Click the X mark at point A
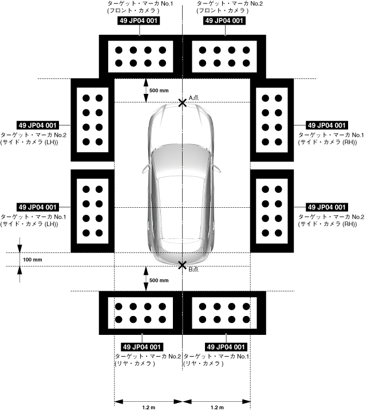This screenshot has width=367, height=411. coord(182,102)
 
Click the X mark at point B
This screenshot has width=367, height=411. coord(182,266)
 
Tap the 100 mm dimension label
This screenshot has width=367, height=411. coord(33,259)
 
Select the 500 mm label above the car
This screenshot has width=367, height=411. coord(159,90)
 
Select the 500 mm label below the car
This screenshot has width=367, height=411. coord(159,280)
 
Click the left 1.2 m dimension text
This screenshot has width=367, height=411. coord(148,407)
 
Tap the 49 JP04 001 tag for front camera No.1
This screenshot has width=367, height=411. coord(138,21)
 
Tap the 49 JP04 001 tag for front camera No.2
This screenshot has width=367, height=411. coord(226,21)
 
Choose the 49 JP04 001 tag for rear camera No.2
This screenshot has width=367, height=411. coord(142,347)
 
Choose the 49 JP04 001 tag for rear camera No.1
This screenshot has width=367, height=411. coord(226,347)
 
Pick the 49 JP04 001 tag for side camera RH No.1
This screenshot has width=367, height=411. coord(327,125)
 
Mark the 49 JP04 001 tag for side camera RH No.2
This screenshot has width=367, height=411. coord(327,207)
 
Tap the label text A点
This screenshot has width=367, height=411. coord(194,97)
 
